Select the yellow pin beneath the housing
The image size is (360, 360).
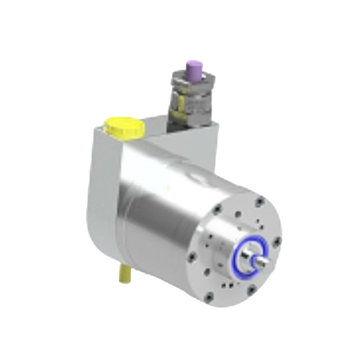point(123,276)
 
